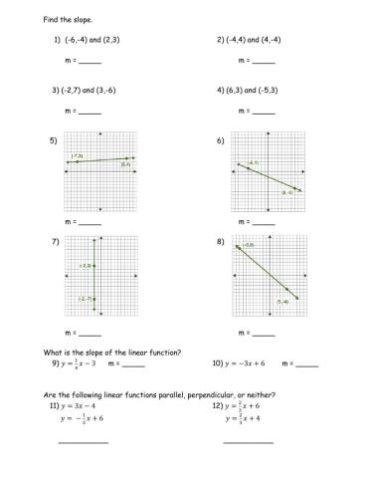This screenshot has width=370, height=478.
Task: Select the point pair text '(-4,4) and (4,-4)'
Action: point(254,40)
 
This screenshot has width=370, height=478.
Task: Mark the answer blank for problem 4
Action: point(256,111)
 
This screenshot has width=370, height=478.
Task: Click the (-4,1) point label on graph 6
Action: point(254,162)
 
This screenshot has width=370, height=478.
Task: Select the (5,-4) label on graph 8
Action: point(282,301)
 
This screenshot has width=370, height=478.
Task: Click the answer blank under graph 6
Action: point(256,222)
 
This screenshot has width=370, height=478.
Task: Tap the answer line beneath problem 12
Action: point(248,441)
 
